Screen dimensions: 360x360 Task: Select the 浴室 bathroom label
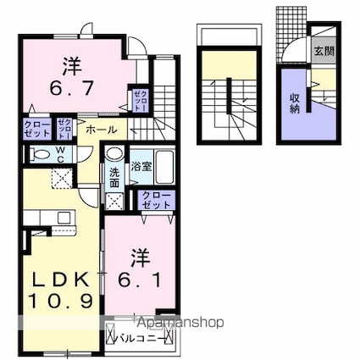141,167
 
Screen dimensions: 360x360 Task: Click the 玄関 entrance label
324,50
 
